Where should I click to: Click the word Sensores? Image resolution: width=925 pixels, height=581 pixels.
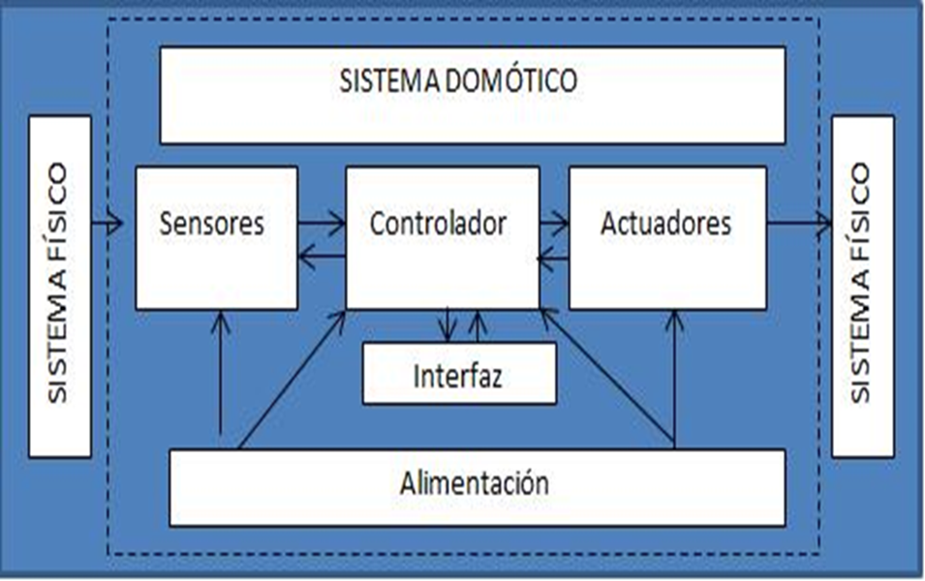pyautogui.click(x=212, y=224)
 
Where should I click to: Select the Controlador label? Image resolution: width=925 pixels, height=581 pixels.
pyautogui.click(x=438, y=224)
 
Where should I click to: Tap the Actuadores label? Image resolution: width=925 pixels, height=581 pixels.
pyautogui.click(x=666, y=224)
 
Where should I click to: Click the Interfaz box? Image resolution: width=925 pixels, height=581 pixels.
pyautogui.click(x=458, y=374)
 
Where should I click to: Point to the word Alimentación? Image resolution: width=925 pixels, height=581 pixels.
pyautogui.click(x=475, y=481)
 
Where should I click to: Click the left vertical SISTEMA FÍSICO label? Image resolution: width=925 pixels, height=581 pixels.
pyautogui.click(x=59, y=285)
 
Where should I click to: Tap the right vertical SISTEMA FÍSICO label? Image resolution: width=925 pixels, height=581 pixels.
pyautogui.click(x=861, y=285)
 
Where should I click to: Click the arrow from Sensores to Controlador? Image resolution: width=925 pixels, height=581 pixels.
pyautogui.click(x=321, y=225)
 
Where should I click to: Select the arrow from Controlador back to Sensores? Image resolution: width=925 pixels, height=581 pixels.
pyautogui.click(x=321, y=256)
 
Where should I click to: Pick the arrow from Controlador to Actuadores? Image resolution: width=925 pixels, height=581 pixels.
pyautogui.click(x=553, y=225)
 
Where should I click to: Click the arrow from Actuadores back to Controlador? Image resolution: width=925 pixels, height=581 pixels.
pyautogui.click(x=553, y=257)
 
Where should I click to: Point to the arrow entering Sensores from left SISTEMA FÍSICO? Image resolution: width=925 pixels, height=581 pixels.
pyautogui.click(x=107, y=225)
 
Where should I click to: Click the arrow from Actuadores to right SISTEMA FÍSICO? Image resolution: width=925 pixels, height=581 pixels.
pyautogui.click(x=799, y=225)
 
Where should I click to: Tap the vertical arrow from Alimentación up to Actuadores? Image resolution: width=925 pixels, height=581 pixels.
pyautogui.click(x=674, y=378)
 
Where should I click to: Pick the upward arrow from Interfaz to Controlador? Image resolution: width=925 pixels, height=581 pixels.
pyautogui.click(x=477, y=325)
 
